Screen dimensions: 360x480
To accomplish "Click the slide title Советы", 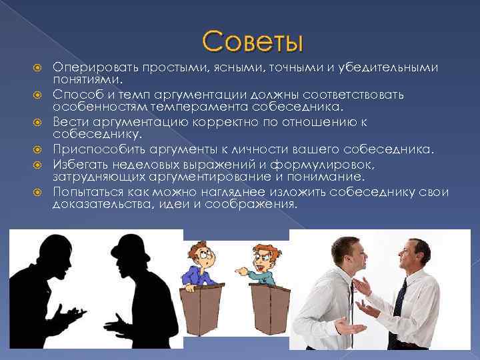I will coord(253,42).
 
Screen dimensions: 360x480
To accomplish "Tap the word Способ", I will coord(75,95).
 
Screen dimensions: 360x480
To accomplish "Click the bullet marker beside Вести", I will coord(38,123).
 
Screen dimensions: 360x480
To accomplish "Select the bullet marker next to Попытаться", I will coord(38,193).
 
